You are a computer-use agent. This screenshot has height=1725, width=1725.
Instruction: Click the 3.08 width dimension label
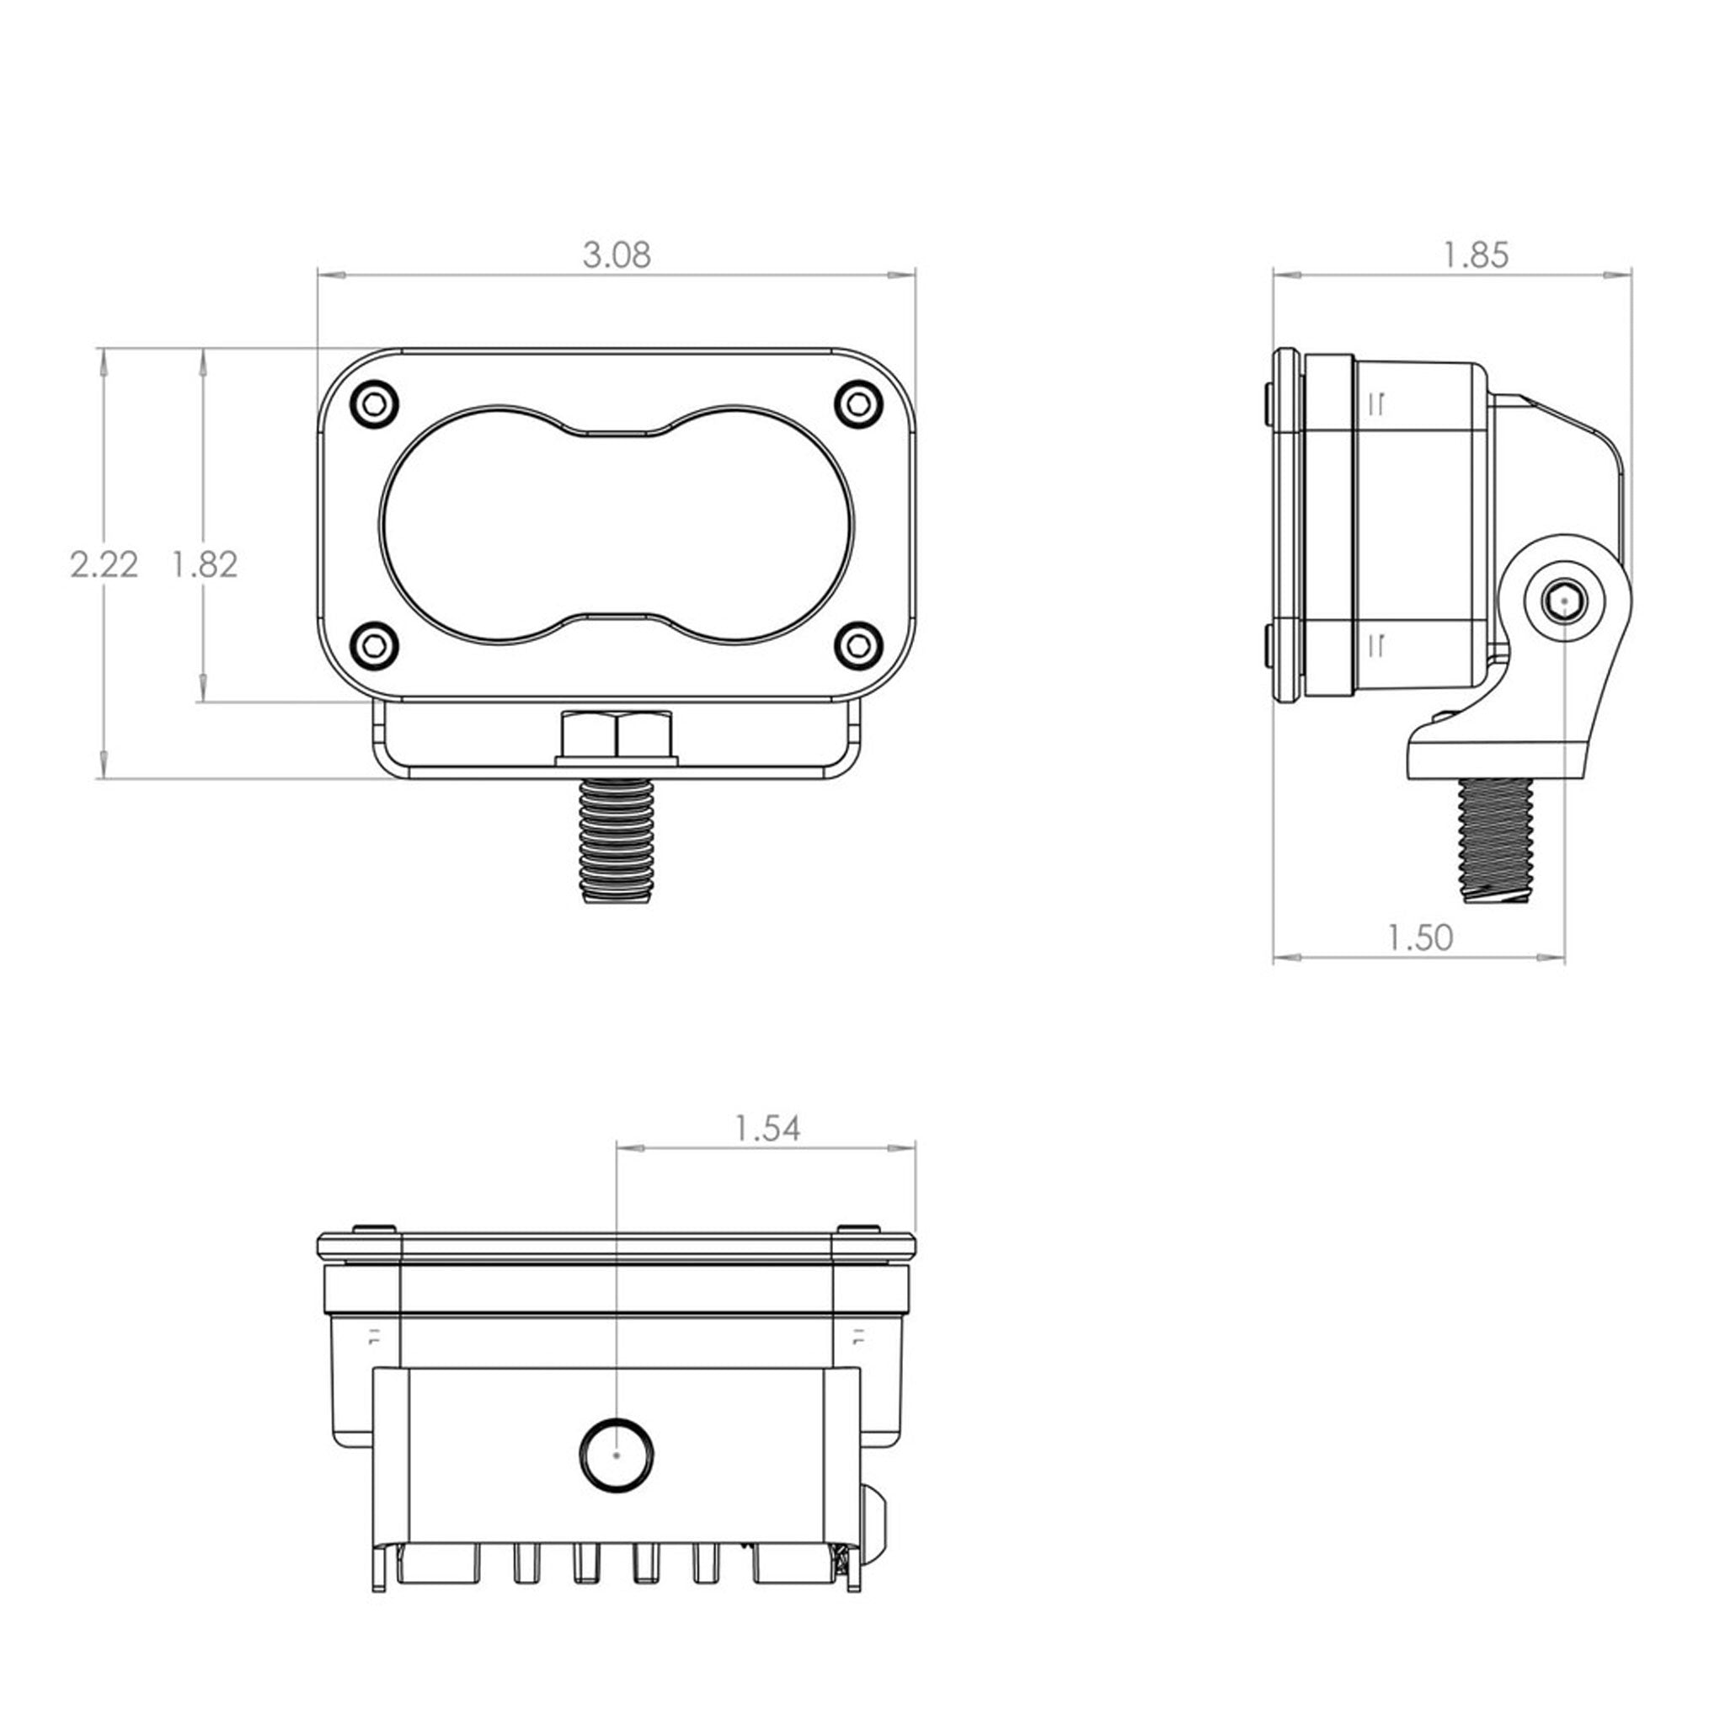tap(616, 255)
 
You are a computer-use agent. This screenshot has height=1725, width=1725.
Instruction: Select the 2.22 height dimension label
tap(104, 564)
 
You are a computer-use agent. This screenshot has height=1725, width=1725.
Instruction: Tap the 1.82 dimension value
tap(206, 564)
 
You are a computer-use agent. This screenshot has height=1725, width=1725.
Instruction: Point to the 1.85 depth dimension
tap(1476, 255)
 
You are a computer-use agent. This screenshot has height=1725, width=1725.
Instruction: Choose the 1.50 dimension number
tap(1421, 937)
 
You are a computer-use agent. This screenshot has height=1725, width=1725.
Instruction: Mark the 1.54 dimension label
tap(767, 1129)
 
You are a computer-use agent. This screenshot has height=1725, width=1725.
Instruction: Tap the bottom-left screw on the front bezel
tap(375, 643)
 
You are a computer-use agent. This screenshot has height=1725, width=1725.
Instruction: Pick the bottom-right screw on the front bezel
tap(859, 643)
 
